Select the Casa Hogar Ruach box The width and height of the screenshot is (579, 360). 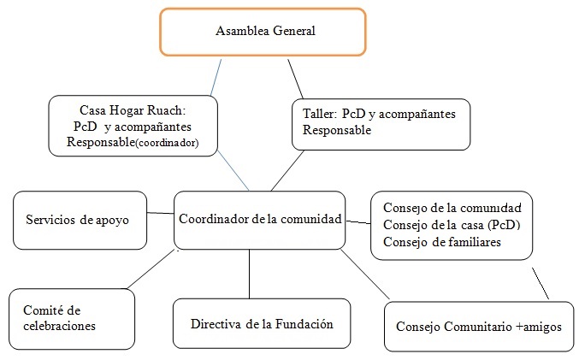pyautogui.click(x=133, y=127)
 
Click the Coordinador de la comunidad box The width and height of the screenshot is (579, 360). pyautogui.click(x=259, y=219)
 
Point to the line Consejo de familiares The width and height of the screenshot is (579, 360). pyautogui.click(x=441, y=242)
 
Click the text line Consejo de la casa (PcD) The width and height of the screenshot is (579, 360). pyautogui.click(x=452, y=225)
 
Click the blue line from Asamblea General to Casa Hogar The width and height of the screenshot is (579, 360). pyautogui.click(x=217, y=76)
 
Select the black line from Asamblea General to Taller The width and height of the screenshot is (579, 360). pyautogui.click(x=297, y=78)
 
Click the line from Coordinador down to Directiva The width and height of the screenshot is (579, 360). pyautogui.click(x=249, y=273)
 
